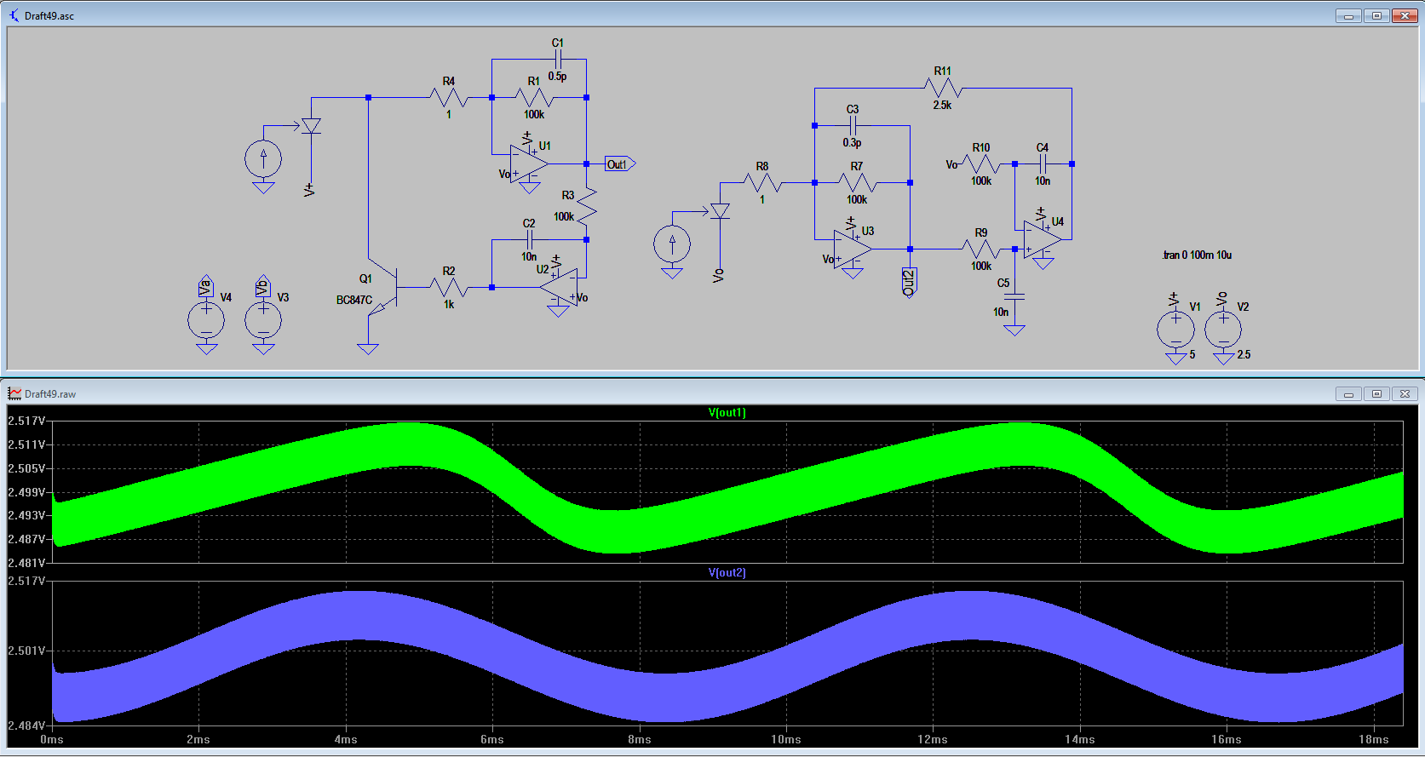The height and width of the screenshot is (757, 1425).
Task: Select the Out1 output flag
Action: [x=619, y=164]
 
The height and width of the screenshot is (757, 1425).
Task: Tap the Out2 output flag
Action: [x=909, y=282]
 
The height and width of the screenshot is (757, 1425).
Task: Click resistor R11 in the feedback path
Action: [x=943, y=88]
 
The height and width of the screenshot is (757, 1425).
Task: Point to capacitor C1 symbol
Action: [x=558, y=60]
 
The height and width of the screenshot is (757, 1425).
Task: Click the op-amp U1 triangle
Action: [x=528, y=163]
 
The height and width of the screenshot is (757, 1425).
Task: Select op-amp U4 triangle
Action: [x=1042, y=239]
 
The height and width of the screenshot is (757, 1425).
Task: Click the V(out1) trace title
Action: [x=727, y=413]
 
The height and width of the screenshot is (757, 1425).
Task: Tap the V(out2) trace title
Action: [x=727, y=573]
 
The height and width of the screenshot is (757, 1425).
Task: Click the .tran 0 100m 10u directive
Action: [x=1197, y=255]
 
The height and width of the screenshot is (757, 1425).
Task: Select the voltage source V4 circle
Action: [x=206, y=321]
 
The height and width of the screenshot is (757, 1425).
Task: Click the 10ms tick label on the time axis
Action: [x=785, y=740]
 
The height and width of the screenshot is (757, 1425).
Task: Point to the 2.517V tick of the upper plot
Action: [x=26, y=421]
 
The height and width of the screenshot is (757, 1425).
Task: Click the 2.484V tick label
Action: [x=26, y=725]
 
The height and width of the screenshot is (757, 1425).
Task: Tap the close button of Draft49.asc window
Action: [x=1405, y=15]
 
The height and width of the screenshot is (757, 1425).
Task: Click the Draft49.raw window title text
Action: [x=50, y=394]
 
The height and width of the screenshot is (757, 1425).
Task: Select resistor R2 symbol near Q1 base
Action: [x=449, y=288]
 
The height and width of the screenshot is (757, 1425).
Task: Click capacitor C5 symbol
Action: [x=1014, y=297]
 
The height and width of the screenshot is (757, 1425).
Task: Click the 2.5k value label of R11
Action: [x=942, y=106]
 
